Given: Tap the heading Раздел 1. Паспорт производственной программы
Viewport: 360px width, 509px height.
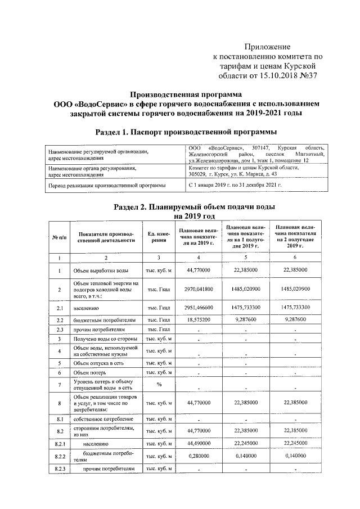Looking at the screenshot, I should click(x=186, y=132).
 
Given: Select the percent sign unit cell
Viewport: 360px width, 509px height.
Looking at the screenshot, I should click(x=159, y=385).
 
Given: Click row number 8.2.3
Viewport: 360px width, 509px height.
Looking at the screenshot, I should click(x=60, y=469).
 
